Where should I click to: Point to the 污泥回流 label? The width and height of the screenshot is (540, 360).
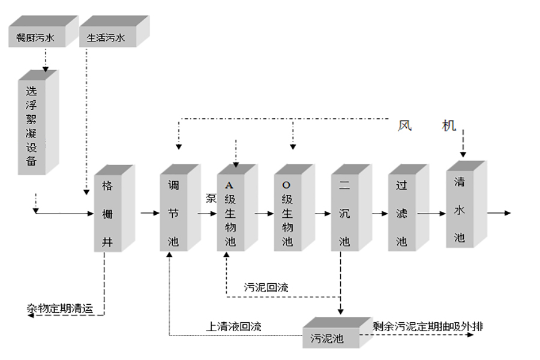click(x=266, y=287)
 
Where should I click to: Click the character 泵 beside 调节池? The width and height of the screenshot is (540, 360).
click(x=211, y=198)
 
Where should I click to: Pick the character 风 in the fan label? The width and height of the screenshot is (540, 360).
click(x=404, y=126)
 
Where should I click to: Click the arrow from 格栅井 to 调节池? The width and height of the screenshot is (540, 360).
click(x=149, y=212)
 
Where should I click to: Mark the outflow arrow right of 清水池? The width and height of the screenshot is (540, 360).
click(x=499, y=212)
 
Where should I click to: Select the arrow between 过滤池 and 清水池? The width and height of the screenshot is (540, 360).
click(x=430, y=212)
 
